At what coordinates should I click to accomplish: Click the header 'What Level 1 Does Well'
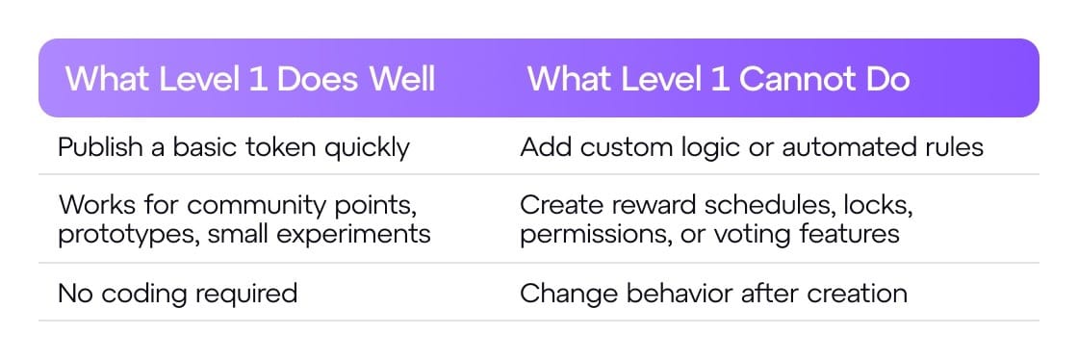250,79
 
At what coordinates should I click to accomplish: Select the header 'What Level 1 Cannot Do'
718,79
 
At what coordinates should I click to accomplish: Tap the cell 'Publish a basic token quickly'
234,147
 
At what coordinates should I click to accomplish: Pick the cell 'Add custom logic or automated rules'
752,147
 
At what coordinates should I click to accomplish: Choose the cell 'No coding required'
178,294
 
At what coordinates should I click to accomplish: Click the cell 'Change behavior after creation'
713,294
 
